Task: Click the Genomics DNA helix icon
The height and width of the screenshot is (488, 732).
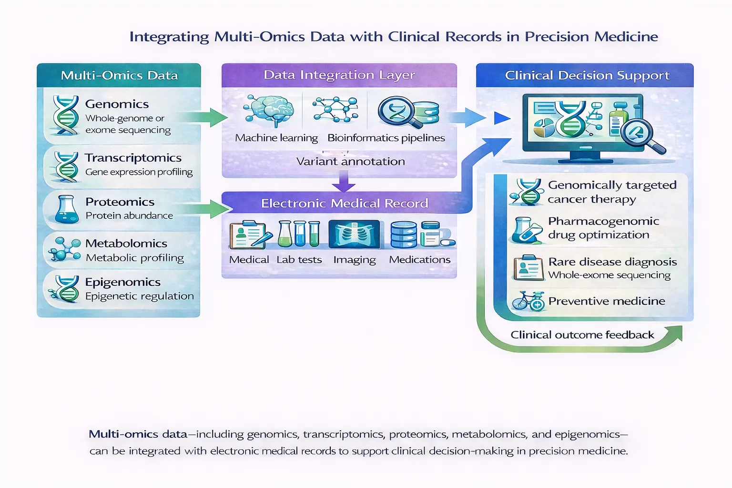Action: coord(66,115)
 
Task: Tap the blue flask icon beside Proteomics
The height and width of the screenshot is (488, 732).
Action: coord(66,210)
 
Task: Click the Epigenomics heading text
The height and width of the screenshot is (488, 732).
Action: coord(122,282)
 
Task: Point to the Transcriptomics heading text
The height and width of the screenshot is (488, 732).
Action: coord(133,158)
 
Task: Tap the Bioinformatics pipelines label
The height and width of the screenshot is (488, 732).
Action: coord(386,138)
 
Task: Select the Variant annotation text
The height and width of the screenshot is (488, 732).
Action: coord(350,162)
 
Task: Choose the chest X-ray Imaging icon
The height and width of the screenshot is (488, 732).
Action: coord(354,234)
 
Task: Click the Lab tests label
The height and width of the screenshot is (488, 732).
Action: coord(299,260)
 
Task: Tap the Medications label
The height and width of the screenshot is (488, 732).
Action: coord(419,260)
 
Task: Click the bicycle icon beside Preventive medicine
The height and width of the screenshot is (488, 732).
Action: coord(527,301)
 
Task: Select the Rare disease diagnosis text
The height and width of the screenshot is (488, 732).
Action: coord(612,262)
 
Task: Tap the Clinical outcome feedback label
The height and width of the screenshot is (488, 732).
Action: coord(582,335)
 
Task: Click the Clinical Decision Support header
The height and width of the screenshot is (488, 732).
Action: coord(587,76)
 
